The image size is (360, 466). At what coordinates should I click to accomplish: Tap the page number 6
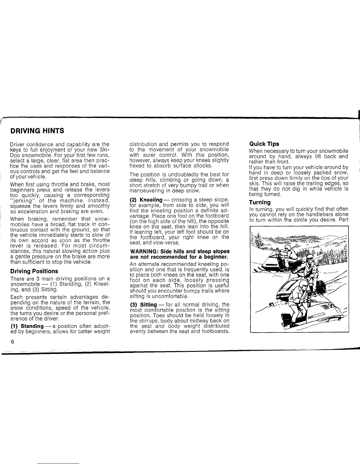(x=12, y=342)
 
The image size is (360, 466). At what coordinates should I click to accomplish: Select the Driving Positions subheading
(x=34, y=271)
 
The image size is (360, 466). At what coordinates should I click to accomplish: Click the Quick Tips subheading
(x=264, y=144)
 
